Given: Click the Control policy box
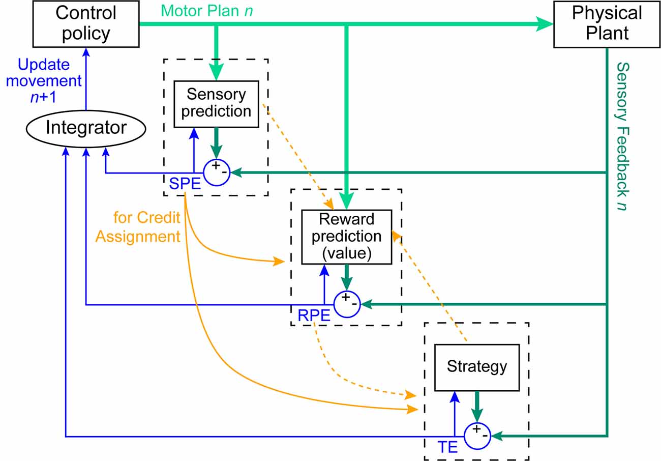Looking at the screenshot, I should point(85,24).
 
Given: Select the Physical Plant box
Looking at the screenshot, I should point(607,24).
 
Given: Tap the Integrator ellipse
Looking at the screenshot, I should point(85,128).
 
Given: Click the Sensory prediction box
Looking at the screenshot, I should point(216,103).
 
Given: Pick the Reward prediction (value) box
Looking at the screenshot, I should point(346,237).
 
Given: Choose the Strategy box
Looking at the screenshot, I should point(476,367).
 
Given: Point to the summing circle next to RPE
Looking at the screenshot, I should point(347,304).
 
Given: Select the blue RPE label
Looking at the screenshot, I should point(314,316).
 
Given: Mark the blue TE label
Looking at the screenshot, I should point(447,447).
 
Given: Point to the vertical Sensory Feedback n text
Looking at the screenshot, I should point(622,136).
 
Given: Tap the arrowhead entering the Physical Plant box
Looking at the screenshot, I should point(546,24).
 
